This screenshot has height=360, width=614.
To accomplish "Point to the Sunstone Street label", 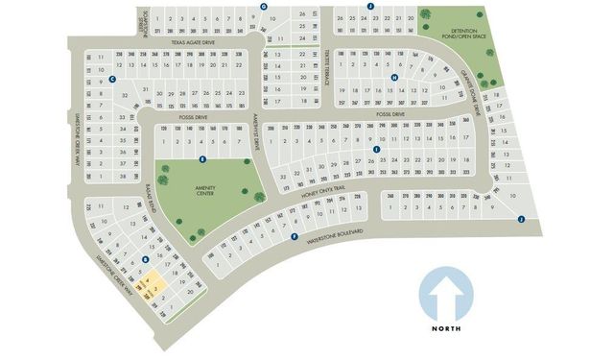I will coord(145,18).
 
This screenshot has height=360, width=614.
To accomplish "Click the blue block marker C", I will coord(113,80).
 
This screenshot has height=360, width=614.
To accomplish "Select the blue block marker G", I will coord(263,6).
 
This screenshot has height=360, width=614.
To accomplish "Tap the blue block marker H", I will coord(394,78).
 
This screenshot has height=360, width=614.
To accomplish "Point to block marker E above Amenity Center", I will coord(201,158).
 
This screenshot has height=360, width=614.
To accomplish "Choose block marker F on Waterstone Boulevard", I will coord(294,236).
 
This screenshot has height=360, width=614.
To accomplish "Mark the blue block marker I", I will coord(378,150).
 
